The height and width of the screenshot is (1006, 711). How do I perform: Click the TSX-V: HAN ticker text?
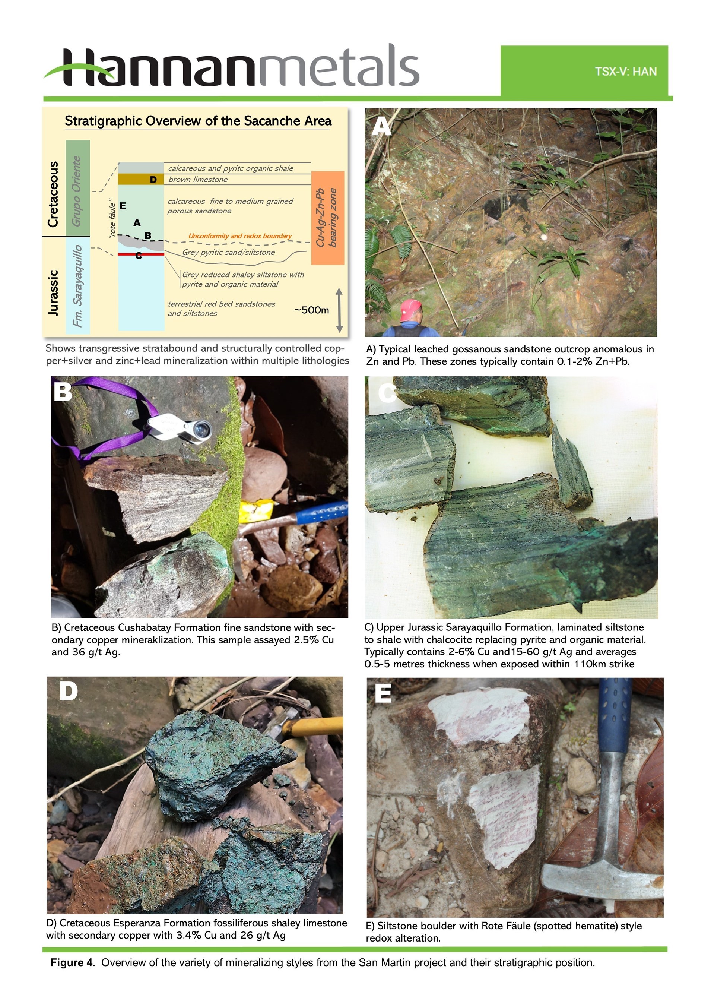(626, 72)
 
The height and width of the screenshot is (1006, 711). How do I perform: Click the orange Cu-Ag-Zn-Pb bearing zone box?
(328, 218)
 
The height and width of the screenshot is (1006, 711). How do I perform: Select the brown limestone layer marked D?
(141, 179)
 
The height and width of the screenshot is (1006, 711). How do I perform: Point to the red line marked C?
(141, 254)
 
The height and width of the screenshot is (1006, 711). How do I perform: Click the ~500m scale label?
(311, 310)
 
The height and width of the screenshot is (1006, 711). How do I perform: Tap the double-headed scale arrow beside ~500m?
(339, 310)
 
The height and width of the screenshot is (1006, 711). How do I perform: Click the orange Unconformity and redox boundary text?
(240, 236)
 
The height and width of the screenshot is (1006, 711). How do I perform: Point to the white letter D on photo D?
(69, 692)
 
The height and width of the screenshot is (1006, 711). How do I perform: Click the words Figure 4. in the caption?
(73, 963)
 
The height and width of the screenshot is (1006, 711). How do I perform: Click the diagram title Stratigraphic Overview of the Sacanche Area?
(198, 121)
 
